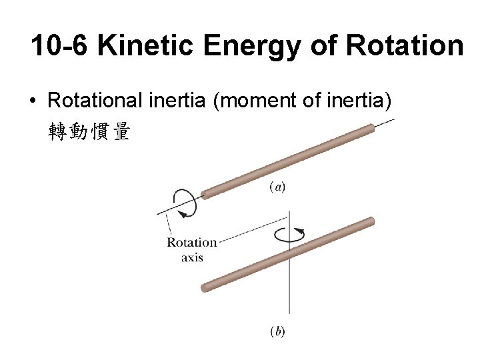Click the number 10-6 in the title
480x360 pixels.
61,46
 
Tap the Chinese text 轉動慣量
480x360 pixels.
89,132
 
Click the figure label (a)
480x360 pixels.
277,187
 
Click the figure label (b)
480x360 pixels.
277,331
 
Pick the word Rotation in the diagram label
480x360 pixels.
191,243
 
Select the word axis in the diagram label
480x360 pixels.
192,257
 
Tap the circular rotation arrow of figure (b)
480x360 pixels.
289,234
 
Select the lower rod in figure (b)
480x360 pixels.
287,253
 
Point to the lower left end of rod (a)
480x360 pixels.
206,194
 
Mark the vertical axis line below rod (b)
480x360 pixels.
289,293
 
